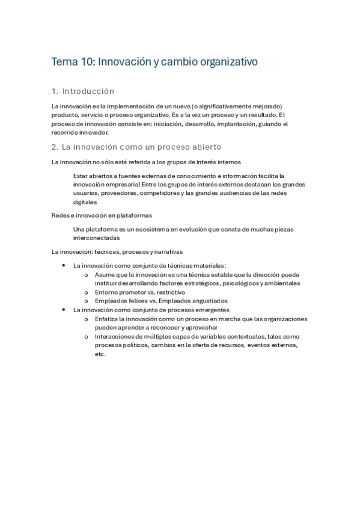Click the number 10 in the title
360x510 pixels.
85,61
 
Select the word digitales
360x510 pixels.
85,203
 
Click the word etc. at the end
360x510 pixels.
100,354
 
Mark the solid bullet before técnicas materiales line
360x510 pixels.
64,265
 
